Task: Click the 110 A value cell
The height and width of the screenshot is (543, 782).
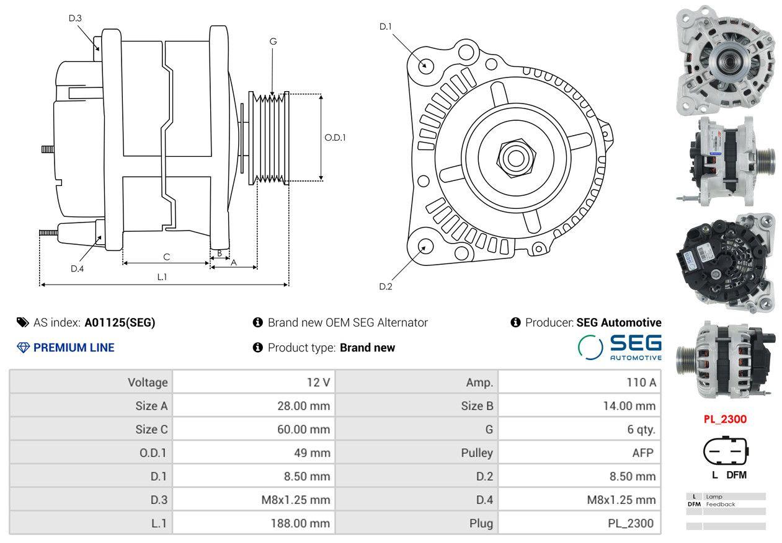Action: [641, 382]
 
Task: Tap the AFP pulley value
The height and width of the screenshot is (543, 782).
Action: [642, 453]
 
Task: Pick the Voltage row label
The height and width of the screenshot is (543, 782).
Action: [148, 382]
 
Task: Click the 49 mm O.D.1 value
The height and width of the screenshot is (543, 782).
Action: [312, 453]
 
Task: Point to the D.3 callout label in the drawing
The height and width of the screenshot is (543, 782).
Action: [75, 18]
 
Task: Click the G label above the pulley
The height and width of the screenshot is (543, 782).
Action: [273, 42]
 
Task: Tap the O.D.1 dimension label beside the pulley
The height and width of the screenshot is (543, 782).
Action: [335, 138]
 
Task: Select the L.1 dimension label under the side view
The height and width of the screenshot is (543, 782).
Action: [162, 277]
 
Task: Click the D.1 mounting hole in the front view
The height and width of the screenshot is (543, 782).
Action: [425, 65]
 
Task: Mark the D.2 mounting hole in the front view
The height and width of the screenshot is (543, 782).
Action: [425, 246]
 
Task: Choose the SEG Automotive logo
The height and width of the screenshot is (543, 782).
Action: [620, 347]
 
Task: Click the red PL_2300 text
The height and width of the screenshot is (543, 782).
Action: [725, 419]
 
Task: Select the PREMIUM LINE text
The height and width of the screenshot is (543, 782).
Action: [73, 348]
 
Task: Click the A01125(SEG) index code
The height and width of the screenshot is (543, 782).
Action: [120, 322]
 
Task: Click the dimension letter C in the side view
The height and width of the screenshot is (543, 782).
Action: [166, 257]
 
